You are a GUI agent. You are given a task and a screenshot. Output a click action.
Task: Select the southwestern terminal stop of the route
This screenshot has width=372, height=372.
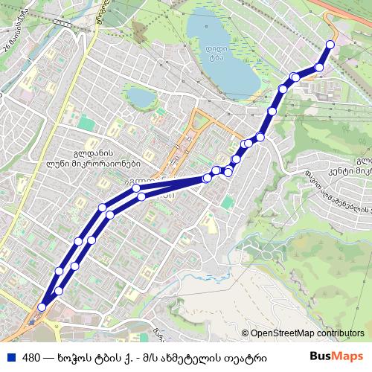pos(42,307)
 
